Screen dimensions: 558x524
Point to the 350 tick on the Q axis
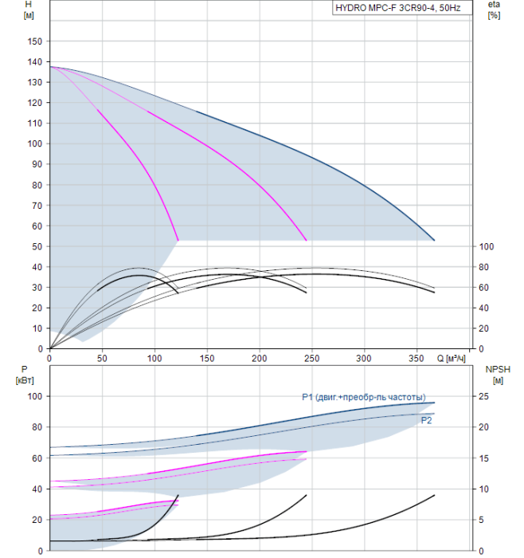[x=416, y=357]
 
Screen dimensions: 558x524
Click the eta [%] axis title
[x=494, y=10]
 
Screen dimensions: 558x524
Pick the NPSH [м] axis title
[x=495, y=374]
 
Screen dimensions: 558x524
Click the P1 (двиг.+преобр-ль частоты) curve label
[x=367, y=397]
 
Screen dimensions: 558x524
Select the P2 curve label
[x=426, y=419]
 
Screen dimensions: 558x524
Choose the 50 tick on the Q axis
[x=102, y=357]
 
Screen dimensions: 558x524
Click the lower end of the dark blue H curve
[x=434, y=240]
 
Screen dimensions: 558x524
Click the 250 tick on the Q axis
[x=311, y=357]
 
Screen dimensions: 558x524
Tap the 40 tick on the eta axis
[x=485, y=308]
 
